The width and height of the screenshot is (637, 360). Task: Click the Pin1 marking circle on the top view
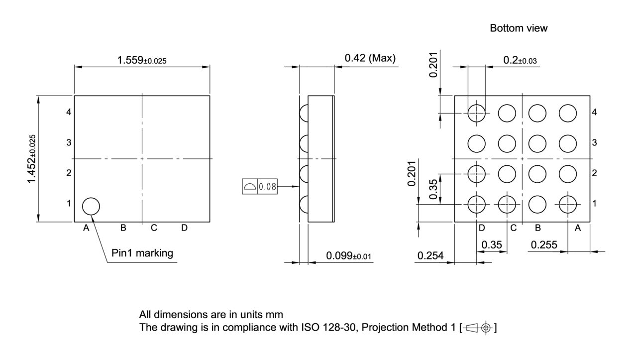[x=91, y=206]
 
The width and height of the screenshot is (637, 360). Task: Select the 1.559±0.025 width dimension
[x=142, y=60]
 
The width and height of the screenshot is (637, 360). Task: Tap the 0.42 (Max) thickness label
[x=370, y=58]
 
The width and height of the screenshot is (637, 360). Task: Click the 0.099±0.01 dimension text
[x=349, y=256]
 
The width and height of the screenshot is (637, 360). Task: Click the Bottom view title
[x=519, y=28]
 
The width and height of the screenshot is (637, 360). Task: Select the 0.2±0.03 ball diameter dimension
[x=520, y=60]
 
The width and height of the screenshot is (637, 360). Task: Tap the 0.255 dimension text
[x=544, y=244]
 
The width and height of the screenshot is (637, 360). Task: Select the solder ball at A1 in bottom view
[x=568, y=204]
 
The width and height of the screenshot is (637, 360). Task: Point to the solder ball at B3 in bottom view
[x=537, y=143]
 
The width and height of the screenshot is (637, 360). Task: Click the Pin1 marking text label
[x=142, y=253]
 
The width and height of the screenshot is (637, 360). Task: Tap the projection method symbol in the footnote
[x=478, y=328]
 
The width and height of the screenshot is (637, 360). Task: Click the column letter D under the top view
[x=184, y=228]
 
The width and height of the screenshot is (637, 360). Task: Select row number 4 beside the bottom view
[x=594, y=112]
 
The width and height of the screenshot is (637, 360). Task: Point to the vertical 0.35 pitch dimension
[x=434, y=189]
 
